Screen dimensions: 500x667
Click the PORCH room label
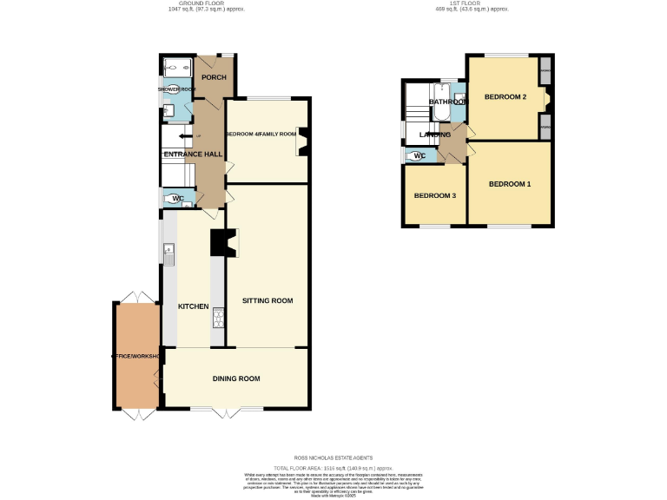coord(214,77)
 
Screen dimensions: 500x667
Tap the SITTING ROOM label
coord(267,300)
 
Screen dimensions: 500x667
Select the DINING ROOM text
coord(236,378)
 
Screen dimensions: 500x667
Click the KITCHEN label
coord(193,307)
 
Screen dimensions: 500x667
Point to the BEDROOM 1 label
coord(510,184)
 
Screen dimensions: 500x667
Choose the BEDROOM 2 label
coord(505,96)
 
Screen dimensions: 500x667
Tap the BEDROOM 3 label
coord(434,195)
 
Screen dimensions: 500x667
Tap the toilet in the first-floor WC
coord(410,156)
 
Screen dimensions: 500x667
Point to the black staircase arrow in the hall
coord(184,136)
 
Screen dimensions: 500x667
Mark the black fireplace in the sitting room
coord(220,243)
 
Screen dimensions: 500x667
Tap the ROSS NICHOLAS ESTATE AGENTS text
coord(333,456)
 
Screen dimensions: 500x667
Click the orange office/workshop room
coord(135,356)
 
